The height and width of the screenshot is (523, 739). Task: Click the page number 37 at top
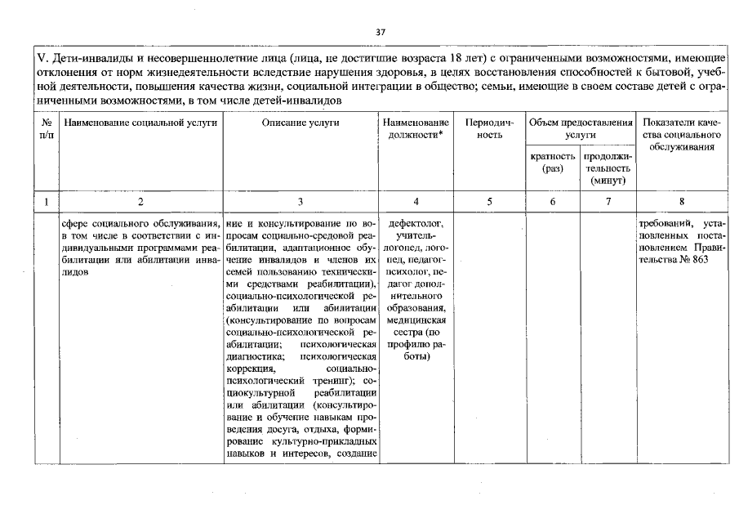click(380, 33)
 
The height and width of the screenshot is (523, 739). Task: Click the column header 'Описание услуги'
click(300, 123)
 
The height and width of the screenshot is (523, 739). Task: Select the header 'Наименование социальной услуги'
click(140, 123)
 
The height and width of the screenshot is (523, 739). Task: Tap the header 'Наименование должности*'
click(416, 128)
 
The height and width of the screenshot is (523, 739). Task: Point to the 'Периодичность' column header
click(489, 128)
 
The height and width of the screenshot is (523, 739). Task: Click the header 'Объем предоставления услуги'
click(580, 128)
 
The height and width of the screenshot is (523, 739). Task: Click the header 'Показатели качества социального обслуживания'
click(681, 134)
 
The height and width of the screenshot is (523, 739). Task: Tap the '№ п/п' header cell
click(46, 128)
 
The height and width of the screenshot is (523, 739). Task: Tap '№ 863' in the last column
click(693, 259)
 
